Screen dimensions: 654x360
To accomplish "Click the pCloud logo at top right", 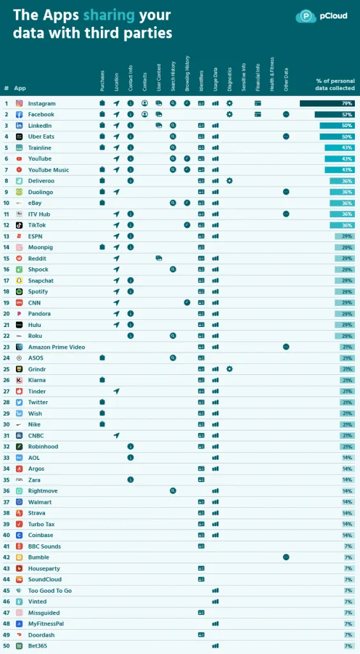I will (x=322, y=16).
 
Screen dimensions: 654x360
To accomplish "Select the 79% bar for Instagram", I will (x=327, y=103).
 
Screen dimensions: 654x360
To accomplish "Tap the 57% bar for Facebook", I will (x=334, y=114).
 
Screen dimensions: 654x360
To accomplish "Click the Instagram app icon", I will (x=19, y=103).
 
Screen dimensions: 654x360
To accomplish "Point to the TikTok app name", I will (x=37, y=225).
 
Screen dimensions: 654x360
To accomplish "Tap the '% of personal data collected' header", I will (x=335, y=84).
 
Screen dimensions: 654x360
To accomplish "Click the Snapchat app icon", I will (x=19, y=280).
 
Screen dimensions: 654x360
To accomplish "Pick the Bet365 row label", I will (x=38, y=646).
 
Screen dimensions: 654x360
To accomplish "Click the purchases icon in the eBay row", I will (x=102, y=203).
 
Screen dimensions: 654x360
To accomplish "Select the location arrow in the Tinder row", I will (x=116, y=392).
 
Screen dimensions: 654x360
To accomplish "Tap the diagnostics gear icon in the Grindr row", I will (x=229, y=369).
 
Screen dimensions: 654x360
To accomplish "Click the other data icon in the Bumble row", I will (x=286, y=557).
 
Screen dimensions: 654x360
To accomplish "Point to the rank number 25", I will (x=6, y=369).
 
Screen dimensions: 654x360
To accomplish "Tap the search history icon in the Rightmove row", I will (x=173, y=490).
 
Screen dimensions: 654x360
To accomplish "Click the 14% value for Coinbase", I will (x=347, y=535).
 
